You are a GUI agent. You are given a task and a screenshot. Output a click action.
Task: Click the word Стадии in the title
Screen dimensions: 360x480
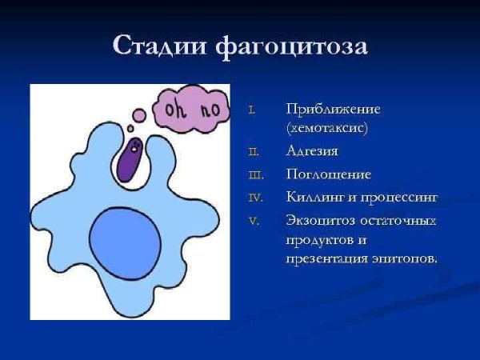pos(160,46)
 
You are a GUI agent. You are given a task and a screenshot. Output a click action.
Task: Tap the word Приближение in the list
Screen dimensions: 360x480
pos(333,109)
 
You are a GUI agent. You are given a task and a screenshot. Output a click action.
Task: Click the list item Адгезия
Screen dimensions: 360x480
pos(312,150)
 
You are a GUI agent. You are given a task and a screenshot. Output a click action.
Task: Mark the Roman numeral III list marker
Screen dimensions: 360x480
pos(255,174)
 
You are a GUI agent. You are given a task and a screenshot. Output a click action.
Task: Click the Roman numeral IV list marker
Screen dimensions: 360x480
pos(254,197)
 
